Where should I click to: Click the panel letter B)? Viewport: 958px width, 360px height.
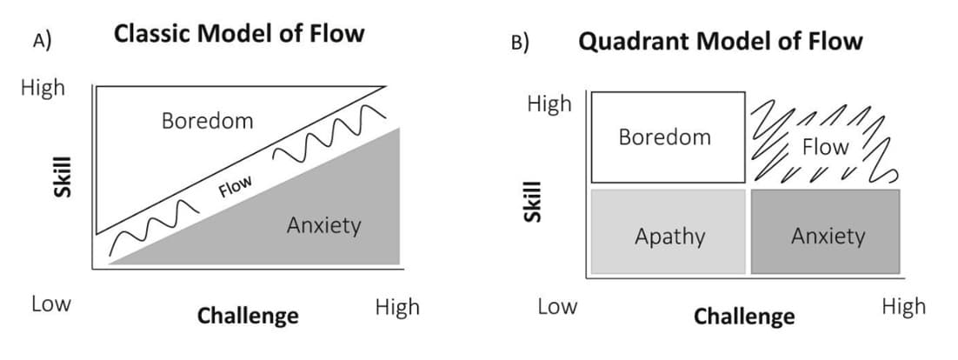pyautogui.click(x=520, y=42)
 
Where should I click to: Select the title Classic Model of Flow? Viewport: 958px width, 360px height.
pyautogui.click(x=239, y=34)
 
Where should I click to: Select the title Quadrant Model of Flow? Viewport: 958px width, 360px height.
pyautogui.click(x=721, y=41)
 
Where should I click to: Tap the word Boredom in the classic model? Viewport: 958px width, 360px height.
pyautogui.click(x=207, y=121)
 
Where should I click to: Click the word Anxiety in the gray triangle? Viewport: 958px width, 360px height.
pyautogui.click(x=323, y=226)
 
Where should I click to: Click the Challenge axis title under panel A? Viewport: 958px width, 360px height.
pyautogui.click(x=248, y=315)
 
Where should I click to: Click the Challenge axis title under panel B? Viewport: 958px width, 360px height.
pyautogui.click(x=743, y=317)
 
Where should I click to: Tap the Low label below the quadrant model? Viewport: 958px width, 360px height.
pyautogui.click(x=556, y=306)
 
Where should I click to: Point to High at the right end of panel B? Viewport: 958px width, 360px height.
pyautogui.click(x=903, y=306)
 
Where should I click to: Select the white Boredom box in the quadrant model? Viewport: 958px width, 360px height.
pyautogui.click(x=668, y=137)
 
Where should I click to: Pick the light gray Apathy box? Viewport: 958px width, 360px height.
pyautogui.click(x=668, y=231)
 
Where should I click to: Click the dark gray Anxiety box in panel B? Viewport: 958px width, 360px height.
pyautogui.click(x=824, y=231)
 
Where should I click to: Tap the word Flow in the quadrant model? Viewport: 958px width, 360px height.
pyautogui.click(x=824, y=147)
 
